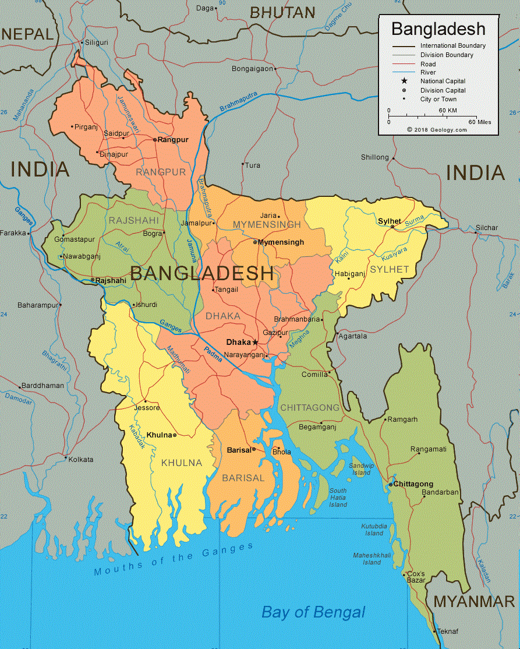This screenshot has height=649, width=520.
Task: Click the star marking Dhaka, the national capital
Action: coord(255,342)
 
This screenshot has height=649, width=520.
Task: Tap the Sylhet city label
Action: coord(389,221)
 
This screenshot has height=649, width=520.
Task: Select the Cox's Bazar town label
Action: coord(416,577)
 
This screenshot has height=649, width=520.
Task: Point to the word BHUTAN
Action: coord(282,12)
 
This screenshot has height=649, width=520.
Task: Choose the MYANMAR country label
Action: coord(474,602)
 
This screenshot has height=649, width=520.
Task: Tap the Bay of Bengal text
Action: coord(313,612)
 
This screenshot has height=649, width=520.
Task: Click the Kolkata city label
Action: coord(80,460)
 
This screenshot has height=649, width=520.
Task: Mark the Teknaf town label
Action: coord(448,632)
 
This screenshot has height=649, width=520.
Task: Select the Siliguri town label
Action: coord(97,43)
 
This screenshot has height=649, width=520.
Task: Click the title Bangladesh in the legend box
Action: coord(438,29)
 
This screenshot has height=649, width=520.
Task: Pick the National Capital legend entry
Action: coord(443,82)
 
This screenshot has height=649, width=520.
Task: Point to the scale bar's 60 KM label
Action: coord(447,110)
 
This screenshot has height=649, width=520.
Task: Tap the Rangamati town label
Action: coord(428,449)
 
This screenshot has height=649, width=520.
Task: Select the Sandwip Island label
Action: coord(360,469)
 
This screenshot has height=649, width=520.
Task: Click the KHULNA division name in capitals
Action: coord(181,463)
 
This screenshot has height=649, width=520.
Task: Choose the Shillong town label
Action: coord(374,157)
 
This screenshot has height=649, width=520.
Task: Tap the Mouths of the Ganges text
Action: coord(174,560)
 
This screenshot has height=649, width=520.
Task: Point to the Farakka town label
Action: coord(13,233)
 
